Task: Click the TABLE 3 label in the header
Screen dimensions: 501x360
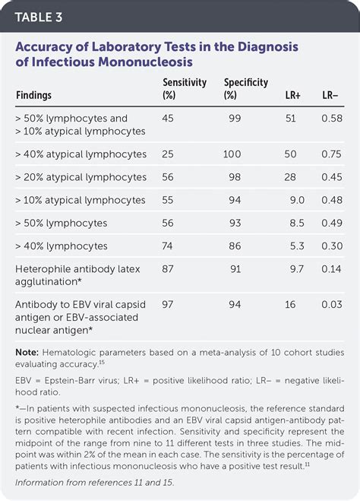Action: [39, 14]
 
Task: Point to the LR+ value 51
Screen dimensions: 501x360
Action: [290, 119]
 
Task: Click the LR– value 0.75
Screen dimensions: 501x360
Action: [332, 154]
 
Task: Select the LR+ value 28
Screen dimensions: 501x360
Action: [290, 177]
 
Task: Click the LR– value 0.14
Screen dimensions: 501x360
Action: [332, 270]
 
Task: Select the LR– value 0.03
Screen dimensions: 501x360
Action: [332, 304]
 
